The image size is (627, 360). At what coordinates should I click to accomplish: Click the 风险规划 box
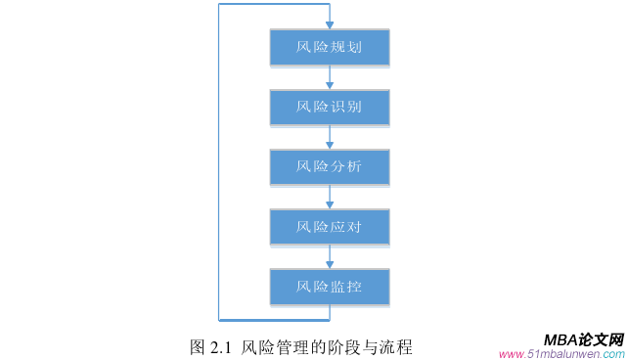330,47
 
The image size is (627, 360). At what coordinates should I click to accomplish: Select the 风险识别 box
330,107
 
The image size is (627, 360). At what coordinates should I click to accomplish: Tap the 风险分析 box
330,167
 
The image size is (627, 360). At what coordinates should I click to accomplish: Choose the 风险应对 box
330,227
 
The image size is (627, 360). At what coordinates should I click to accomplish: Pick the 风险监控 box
330,288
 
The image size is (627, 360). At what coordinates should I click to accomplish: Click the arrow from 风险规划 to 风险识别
330,77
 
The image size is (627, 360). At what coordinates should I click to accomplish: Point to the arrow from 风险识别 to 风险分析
330,137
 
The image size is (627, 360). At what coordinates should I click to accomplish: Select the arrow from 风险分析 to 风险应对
330,198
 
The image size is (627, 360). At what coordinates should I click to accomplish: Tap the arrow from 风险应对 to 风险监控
330,257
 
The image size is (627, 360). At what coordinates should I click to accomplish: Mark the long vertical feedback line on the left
219,161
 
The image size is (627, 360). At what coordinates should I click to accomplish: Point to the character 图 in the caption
197,346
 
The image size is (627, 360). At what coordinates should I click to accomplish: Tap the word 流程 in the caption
396,346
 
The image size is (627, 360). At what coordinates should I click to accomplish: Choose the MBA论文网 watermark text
583,338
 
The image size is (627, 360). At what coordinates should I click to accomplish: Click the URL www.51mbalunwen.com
560,353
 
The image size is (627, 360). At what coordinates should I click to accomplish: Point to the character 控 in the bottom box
354,288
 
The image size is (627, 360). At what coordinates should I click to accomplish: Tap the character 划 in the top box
354,47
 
